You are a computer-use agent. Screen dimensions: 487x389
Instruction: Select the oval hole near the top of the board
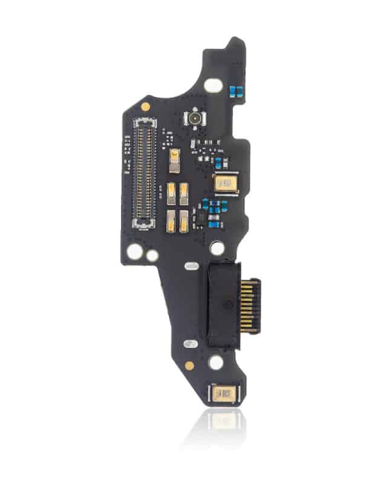click(x=212, y=86)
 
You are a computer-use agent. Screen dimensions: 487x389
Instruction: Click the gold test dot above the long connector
click(x=145, y=106)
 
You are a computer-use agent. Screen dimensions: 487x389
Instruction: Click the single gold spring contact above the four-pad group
click(x=175, y=157)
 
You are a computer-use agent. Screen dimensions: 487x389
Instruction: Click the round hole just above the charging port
click(x=216, y=248)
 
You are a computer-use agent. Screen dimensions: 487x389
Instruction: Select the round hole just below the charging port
click(x=216, y=364)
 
